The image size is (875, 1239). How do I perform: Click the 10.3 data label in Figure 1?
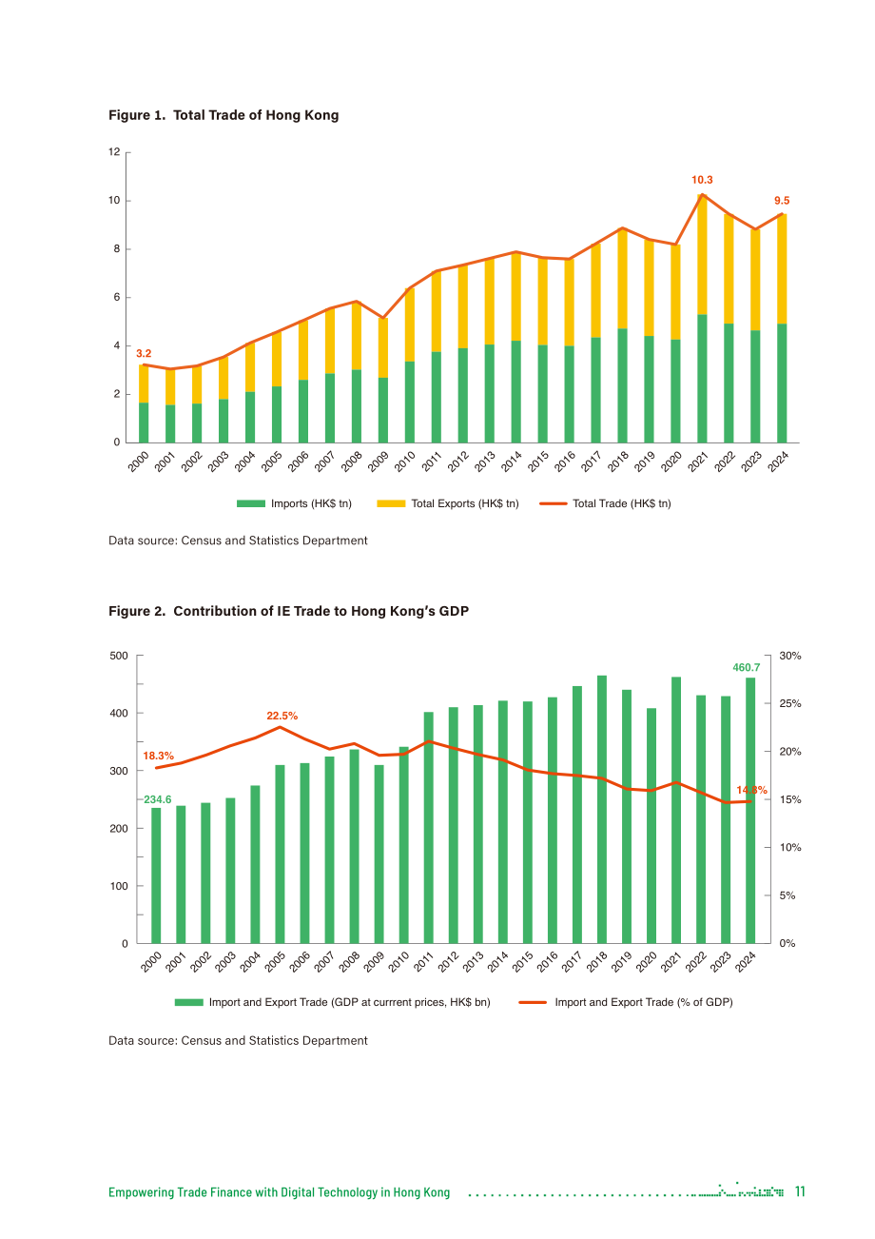point(702,180)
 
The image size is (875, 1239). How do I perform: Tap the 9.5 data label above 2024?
point(781,200)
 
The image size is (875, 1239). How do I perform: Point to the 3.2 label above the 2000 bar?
point(144,353)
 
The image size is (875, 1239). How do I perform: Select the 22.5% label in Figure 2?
point(282,716)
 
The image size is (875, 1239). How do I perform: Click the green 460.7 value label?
point(747,667)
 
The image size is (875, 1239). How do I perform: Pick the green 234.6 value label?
point(158,799)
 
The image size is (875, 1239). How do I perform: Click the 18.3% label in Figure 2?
point(158,756)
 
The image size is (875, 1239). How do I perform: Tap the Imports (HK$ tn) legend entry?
point(294,503)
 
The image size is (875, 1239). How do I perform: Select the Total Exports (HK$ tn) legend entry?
point(448,503)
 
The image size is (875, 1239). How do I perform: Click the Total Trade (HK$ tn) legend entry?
point(605,503)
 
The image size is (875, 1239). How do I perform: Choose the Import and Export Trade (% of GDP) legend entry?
point(626,1002)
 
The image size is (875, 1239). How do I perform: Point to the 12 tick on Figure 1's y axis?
point(114,151)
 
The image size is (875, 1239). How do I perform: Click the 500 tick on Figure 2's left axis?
point(119,656)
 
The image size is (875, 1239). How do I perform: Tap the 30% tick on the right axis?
point(789,656)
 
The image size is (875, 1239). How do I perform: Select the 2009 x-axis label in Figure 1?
point(379,462)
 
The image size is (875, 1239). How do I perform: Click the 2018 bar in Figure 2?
point(602,809)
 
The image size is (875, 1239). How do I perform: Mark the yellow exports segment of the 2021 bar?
point(702,254)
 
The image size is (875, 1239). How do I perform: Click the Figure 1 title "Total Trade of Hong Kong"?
point(256,115)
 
